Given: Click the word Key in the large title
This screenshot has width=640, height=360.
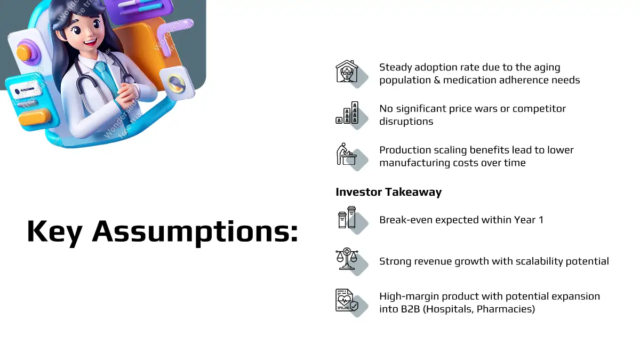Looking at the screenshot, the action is point(54,232).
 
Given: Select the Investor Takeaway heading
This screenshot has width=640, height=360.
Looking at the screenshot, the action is point(389,192).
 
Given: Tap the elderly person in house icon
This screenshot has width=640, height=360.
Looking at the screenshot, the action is point(347,71).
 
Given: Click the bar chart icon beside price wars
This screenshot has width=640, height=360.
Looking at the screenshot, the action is point(347,113).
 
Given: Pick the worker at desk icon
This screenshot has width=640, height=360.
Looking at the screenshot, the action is point(346,154).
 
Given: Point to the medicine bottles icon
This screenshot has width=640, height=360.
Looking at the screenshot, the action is point(347,218).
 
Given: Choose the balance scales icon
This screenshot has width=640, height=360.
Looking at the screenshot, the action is point(347,259).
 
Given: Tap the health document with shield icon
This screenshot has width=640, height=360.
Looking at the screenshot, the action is point(347,300).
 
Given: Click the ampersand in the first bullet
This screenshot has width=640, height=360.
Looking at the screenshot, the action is point(437,80).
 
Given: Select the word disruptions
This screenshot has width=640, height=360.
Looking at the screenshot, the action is point(406,122).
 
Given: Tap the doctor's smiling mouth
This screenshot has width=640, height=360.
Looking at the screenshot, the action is point(90,43).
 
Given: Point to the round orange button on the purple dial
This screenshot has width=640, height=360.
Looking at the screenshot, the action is point(24,53).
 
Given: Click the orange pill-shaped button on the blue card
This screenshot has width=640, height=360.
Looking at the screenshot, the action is point(35,117).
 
